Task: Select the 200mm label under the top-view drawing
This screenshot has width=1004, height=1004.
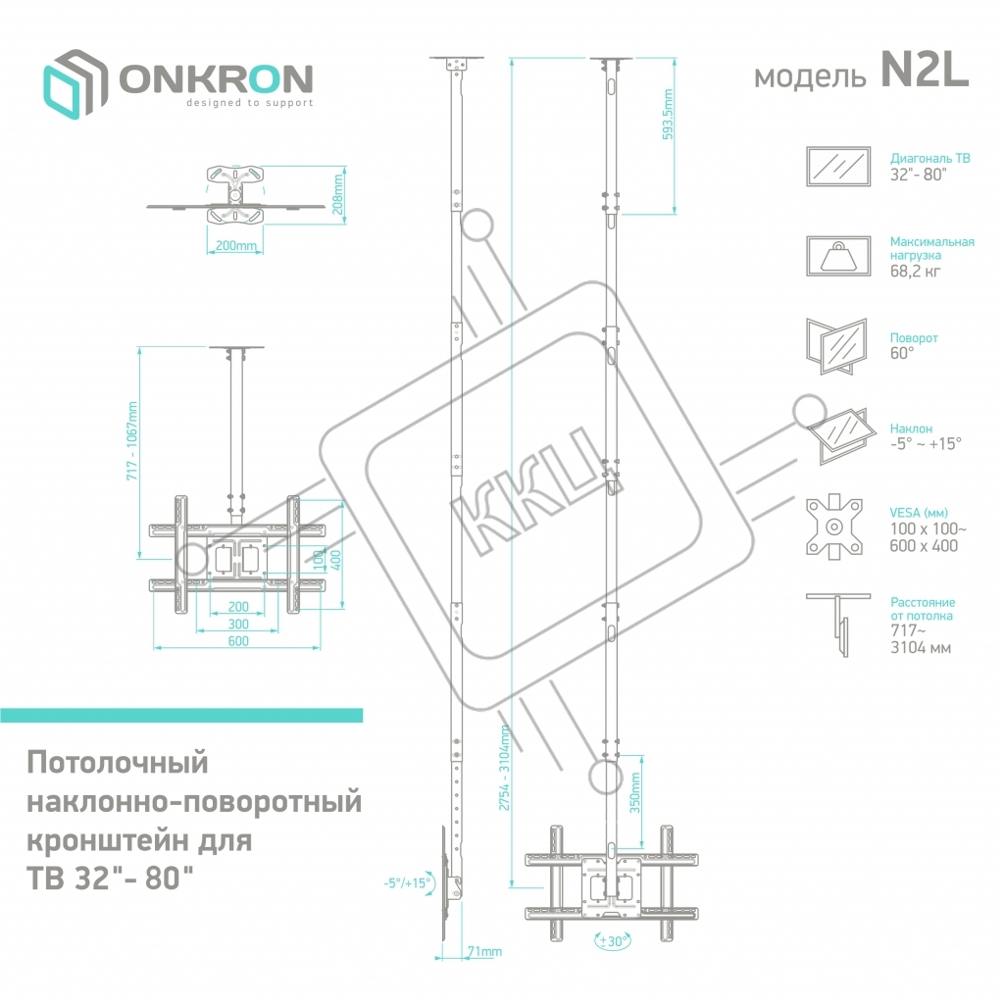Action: tap(235, 246)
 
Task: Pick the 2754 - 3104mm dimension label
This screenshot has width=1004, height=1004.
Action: tap(504, 766)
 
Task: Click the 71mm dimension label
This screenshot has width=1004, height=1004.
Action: tap(484, 952)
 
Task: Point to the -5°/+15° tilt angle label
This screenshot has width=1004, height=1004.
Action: tap(408, 882)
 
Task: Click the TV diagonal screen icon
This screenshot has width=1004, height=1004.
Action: tap(837, 166)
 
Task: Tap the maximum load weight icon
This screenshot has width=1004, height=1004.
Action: tap(837, 257)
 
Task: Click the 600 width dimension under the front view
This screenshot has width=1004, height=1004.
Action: tap(238, 641)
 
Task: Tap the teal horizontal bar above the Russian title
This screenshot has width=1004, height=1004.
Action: tap(181, 715)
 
